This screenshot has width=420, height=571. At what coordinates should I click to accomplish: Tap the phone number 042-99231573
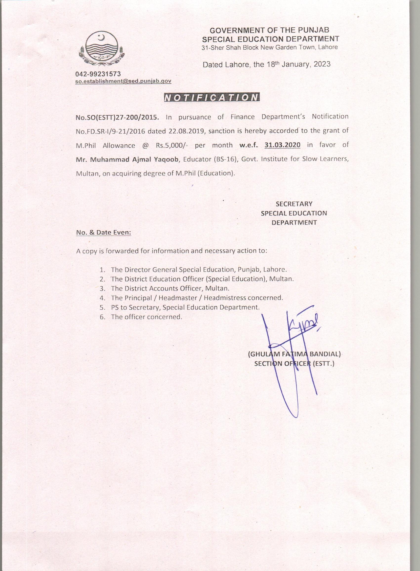pos(98,74)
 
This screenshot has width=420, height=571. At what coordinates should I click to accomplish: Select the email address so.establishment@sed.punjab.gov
pos(123,81)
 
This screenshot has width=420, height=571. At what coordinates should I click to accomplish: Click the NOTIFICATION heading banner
pos(212,98)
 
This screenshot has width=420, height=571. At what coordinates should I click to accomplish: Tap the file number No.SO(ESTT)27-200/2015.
pos(117,117)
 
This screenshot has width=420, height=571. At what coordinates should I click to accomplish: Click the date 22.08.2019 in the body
pos(186,131)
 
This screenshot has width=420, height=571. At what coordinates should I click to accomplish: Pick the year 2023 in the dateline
pos(322,64)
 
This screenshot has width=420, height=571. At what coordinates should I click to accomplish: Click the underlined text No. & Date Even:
pos(104,232)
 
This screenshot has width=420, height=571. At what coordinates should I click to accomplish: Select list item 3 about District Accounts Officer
pos(170,289)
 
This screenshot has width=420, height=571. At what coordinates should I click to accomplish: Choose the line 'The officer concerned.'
pos(147,317)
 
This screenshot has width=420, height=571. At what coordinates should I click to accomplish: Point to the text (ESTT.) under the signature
pos(323,364)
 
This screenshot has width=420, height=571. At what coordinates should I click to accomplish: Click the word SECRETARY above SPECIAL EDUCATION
pos(294,204)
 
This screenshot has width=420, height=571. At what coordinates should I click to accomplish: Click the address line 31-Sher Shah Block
pos(270,47)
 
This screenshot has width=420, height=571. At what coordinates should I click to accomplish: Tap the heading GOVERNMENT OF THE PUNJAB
pos(269,30)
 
